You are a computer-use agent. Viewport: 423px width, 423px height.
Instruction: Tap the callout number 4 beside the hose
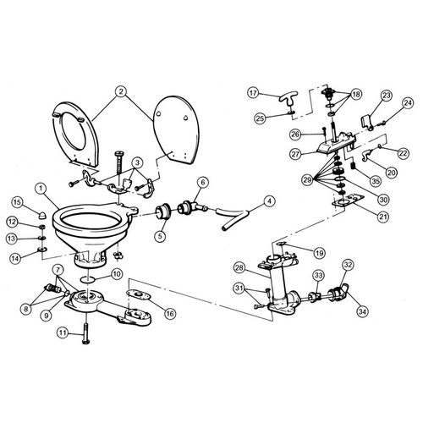pyautogui.click(x=269, y=201)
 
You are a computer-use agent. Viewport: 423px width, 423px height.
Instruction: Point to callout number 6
pyautogui.click(x=202, y=181)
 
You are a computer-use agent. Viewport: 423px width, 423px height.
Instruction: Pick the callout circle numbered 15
pyautogui.click(x=16, y=201)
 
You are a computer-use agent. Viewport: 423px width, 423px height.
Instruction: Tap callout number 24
pyautogui.click(x=408, y=103)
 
